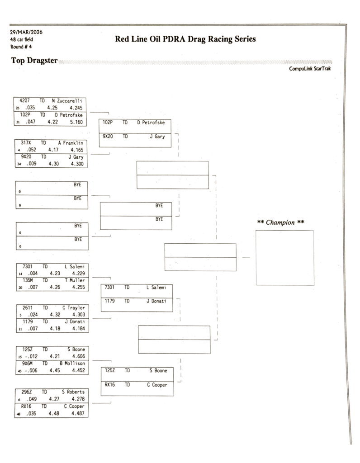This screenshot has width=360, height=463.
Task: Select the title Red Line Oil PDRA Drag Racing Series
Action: click(185, 39)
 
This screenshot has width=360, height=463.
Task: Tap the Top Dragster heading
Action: click(34, 61)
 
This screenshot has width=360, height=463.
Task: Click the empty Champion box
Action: click(284, 258)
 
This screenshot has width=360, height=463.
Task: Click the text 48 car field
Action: click(21, 39)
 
